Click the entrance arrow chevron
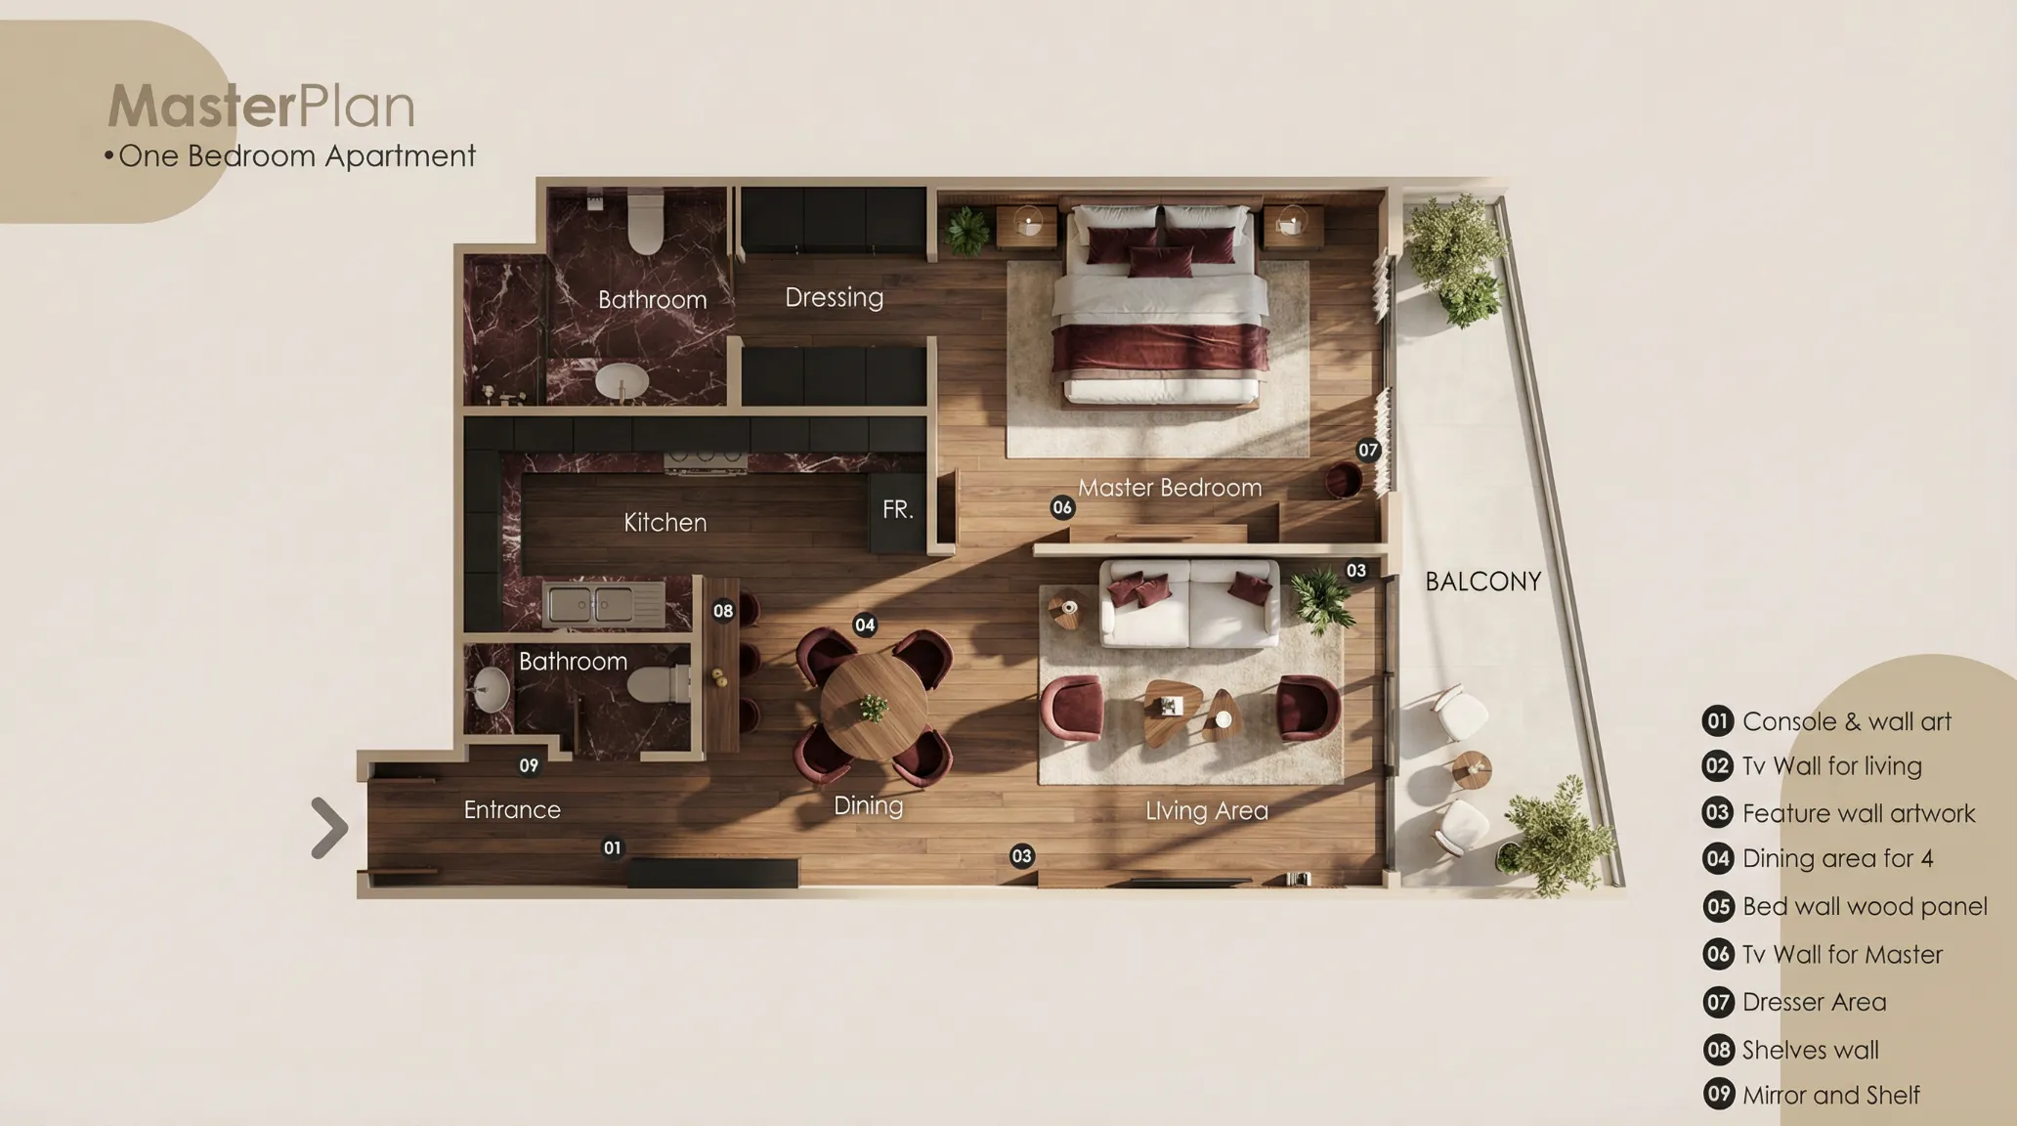click(x=330, y=828)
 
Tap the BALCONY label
click(x=1482, y=582)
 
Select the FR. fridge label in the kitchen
click(x=897, y=509)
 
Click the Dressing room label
click(x=834, y=297)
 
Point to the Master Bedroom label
click(x=1170, y=487)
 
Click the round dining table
click(x=874, y=706)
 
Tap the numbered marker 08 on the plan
click(x=723, y=611)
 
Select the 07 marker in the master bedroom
click(x=1368, y=450)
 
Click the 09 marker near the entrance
click(x=529, y=765)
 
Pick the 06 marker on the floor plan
click(x=1062, y=507)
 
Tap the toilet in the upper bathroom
click(x=646, y=222)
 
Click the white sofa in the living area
click(x=1189, y=603)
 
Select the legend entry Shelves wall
click(x=1810, y=1050)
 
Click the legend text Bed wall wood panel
click(x=1865, y=906)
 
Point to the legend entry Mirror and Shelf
click(x=1830, y=1095)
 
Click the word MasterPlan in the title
click(x=261, y=106)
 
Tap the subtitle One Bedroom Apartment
click(x=297, y=155)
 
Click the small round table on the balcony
click(x=1472, y=769)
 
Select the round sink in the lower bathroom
click(x=491, y=689)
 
